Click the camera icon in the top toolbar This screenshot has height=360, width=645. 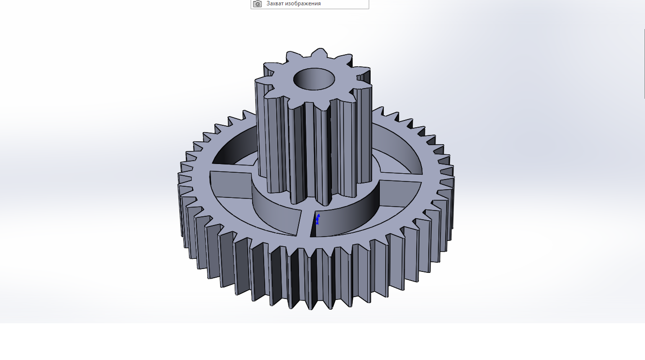[x=257, y=4]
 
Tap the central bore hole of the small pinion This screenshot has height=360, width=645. [x=314, y=79]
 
